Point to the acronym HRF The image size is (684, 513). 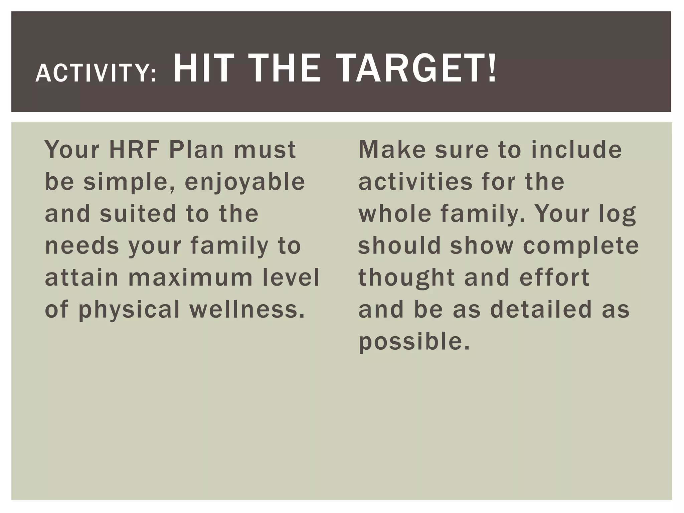point(134,150)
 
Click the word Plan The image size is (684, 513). point(196,150)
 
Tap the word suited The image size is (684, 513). point(138,214)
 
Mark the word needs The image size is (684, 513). point(82,246)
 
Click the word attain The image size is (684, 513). point(81,278)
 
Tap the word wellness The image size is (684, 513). point(247,309)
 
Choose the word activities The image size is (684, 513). point(415,182)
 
